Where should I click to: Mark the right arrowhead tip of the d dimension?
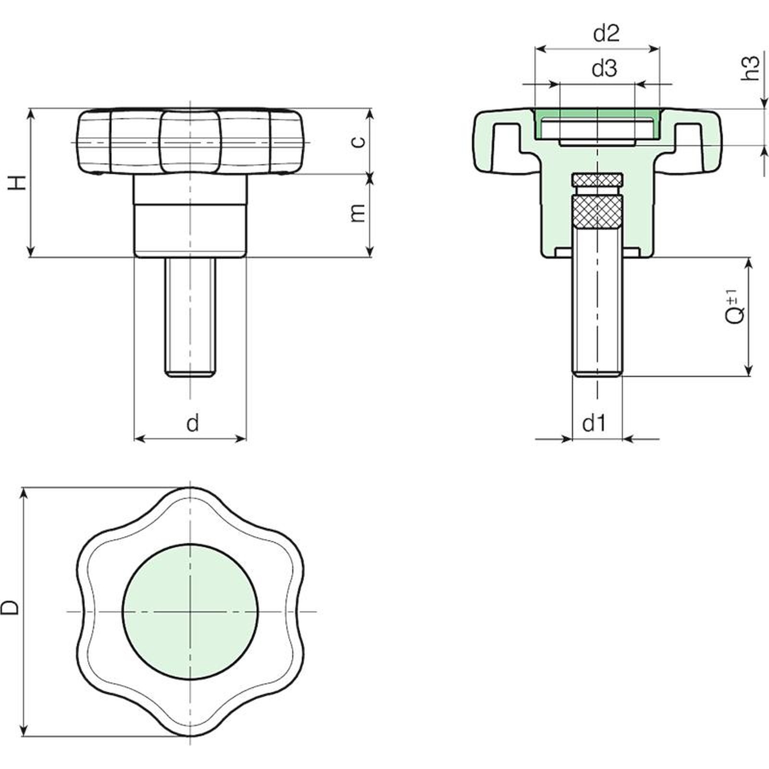pyautogui.click(x=246, y=438)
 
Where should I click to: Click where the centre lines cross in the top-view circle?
pyautogui.click(x=191, y=612)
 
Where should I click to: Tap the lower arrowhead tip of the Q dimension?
pyautogui.click(x=748, y=375)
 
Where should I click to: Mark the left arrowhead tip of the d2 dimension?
pyautogui.click(x=535, y=49)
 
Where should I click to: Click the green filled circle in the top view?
pyautogui.click(x=191, y=612)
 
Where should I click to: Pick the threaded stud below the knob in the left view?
pyautogui.click(x=190, y=317)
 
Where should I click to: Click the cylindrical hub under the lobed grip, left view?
pyautogui.click(x=190, y=216)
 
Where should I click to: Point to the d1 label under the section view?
pyautogui.click(x=594, y=423)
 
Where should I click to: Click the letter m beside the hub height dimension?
pyautogui.click(x=358, y=213)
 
